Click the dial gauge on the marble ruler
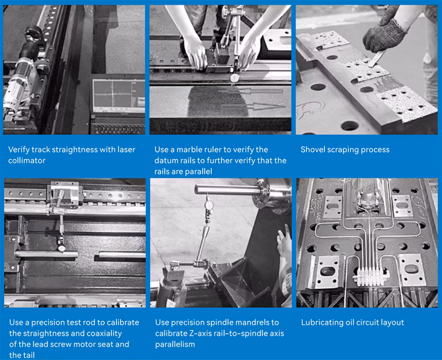235,77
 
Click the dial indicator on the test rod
61,248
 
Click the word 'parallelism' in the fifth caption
175,344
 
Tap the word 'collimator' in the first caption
27,161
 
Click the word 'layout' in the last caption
392,322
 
